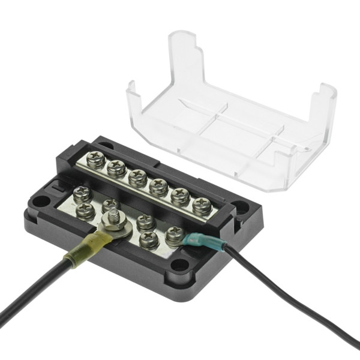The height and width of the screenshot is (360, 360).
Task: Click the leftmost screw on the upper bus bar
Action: coord(95,160)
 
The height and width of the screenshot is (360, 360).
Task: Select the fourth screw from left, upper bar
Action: coord(158,187)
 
